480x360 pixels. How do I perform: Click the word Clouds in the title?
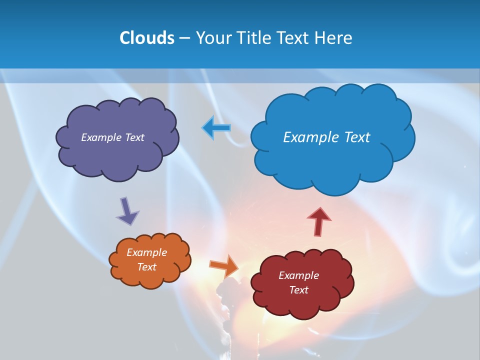coord(146,38)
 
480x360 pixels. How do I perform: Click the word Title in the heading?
coord(254,38)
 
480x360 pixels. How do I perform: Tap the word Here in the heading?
coord(334,38)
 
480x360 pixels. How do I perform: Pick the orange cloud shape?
coord(150,277)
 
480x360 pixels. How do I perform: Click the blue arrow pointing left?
coord(216,128)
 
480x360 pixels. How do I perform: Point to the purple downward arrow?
coord(127,211)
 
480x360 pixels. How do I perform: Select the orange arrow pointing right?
coord(223,265)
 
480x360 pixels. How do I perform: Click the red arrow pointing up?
coord(319,220)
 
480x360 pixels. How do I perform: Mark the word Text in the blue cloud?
coord(357,137)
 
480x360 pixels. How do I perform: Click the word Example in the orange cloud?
coord(147,252)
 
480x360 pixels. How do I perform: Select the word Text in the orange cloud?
coord(147,267)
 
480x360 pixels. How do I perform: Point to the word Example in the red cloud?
coord(298,275)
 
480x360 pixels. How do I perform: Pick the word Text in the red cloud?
coord(298,290)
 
